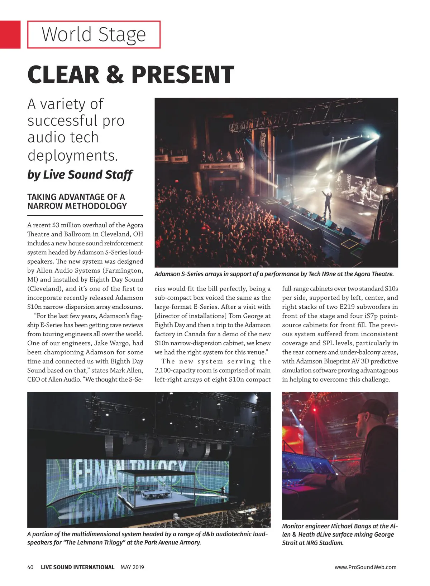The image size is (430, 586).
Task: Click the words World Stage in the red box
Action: (x=94, y=34)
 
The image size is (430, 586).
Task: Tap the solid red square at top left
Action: (x=10, y=34)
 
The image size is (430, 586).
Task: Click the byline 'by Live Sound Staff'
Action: (x=80, y=175)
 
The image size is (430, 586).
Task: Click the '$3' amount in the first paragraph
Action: (x=56, y=225)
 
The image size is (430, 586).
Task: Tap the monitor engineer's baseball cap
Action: (x=373, y=410)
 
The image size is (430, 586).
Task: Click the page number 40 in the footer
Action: (x=30, y=567)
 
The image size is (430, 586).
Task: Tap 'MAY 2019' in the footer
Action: (x=132, y=567)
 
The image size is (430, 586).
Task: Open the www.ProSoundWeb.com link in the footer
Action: (x=365, y=567)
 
